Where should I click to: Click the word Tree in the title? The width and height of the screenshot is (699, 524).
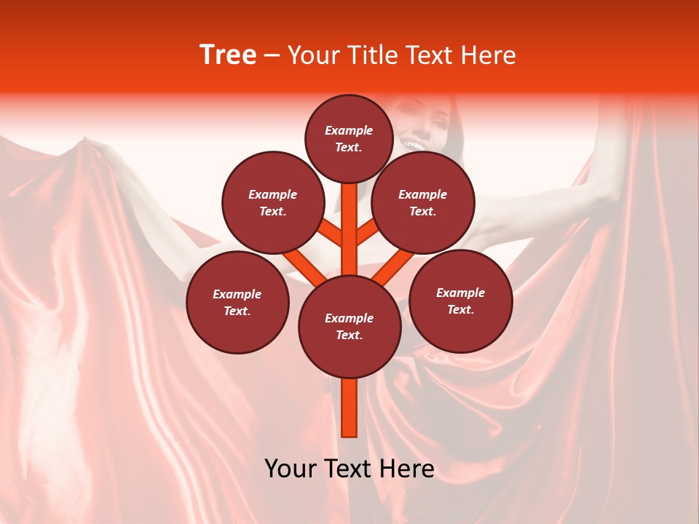[227, 55]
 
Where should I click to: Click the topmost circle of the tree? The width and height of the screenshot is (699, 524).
[349, 138]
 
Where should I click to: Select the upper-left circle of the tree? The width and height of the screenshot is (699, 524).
[273, 202]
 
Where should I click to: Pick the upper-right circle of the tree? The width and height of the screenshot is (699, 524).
[423, 202]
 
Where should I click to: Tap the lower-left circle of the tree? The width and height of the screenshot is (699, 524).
[237, 302]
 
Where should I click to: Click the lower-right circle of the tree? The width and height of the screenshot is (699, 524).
[460, 301]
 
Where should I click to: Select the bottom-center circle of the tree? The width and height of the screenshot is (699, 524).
[349, 327]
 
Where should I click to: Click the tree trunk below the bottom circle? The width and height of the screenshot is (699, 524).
[349, 408]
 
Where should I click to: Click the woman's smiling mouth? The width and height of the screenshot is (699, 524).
[413, 145]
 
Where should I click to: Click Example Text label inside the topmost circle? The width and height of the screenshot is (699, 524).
[349, 138]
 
